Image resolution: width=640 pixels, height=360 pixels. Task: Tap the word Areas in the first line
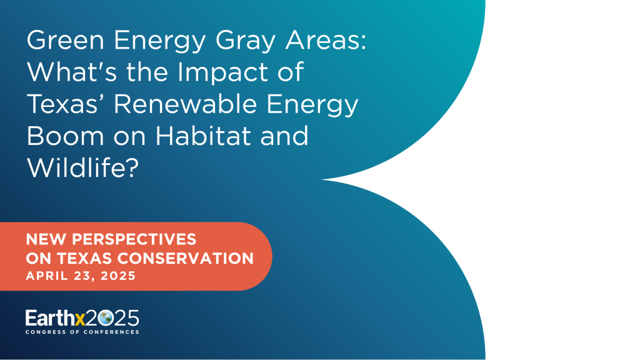[325, 42]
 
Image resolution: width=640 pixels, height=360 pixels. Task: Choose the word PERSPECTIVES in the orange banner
[134, 239]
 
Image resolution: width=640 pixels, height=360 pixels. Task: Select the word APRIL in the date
[45, 276]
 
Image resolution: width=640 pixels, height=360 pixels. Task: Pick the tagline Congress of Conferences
[82, 332]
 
